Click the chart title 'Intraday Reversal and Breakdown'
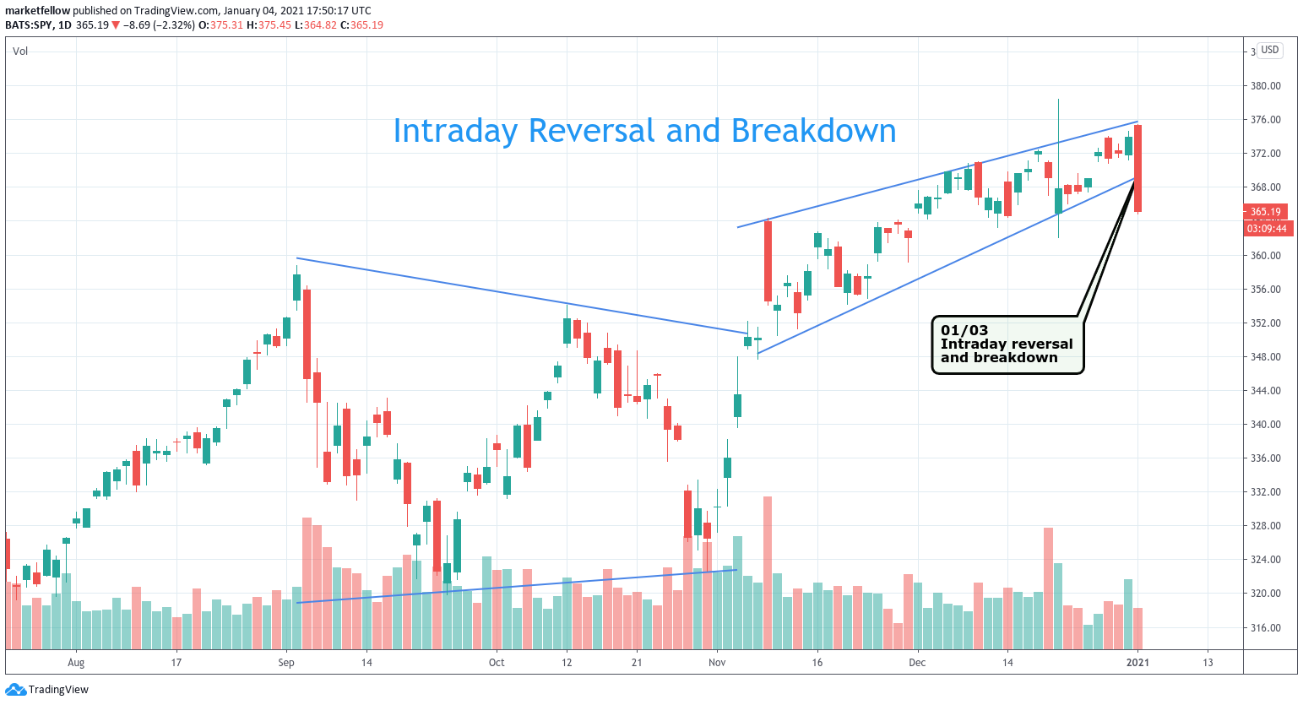point(644,131)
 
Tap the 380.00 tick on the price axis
point(1265,86)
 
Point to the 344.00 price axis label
point(1265,391)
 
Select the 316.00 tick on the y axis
point(1265,628)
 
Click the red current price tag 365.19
point(1265,212)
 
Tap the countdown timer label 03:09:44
point(1267,229)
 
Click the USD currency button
point(1269,50)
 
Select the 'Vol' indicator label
point(20,52)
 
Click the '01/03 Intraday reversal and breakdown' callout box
point(1007,344)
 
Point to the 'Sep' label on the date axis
point(286,663)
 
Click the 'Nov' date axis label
point(717,663)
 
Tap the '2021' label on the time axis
point(1137,663)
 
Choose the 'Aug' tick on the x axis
point(76,663)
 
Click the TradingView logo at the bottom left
point(48,690)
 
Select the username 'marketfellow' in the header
point(37,10)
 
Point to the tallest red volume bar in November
point(768,572)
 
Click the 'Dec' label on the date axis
point(917,663)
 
